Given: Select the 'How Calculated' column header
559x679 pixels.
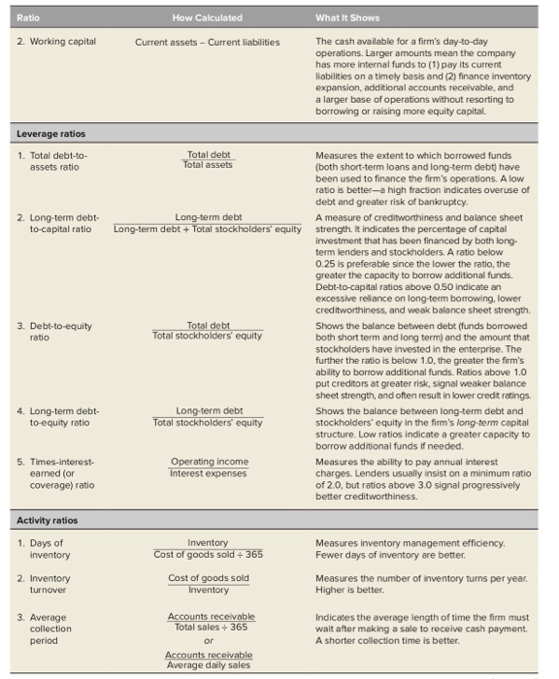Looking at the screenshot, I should pyautogui.click(x=207, y=17).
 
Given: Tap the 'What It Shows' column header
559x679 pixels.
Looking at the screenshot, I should pyautogui.click(x=348, y=17).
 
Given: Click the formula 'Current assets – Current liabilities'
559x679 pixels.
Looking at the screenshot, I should pyautogui.click(x=207, y=42).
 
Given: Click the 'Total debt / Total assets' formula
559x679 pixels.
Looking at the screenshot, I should pyautogui.click(x=208, y=160).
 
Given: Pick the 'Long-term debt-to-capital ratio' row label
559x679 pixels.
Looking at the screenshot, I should pyautogui.click(x=58, y=223).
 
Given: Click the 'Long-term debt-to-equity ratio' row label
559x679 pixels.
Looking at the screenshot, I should pyautogui.click(x=58, y=416).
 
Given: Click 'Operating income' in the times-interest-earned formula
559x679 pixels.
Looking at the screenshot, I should pyautogui.click(x=209, y=462).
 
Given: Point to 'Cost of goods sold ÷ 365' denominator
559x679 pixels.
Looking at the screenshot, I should pyautogui.click(x=208, y=555).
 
